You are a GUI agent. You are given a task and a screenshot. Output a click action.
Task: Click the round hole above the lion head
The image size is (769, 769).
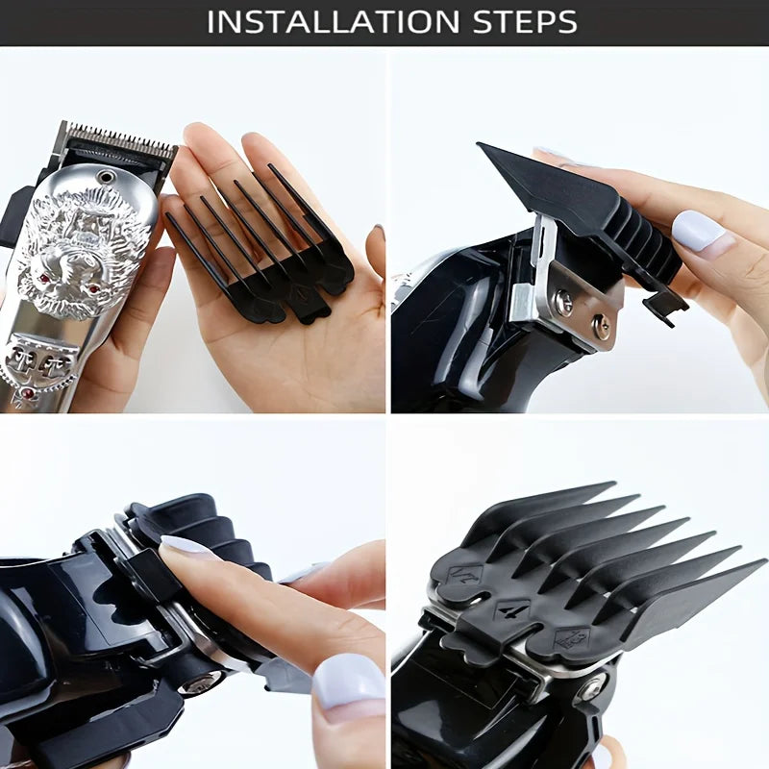(x=105, y=177)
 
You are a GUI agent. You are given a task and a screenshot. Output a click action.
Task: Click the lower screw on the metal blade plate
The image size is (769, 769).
(x=602, y=326)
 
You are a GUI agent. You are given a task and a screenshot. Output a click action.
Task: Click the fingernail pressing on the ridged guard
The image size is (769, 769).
(x=186, y=547)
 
